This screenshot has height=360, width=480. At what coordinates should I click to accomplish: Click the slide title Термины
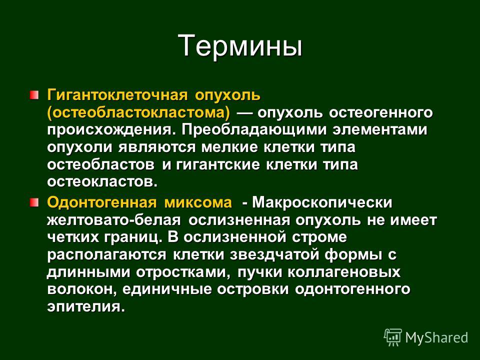click(x=240, y=46)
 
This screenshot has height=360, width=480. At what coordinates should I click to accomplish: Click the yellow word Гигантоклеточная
click(x=117, y=95)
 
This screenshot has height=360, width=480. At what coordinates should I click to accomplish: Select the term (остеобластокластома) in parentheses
click(x=138, y=113)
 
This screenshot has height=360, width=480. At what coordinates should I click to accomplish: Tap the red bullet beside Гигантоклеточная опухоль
click(x=34, y=94)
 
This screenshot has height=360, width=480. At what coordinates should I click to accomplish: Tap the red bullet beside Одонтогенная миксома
click(x=34, y=202)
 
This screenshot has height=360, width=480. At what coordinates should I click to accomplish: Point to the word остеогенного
click(x=381, y=113)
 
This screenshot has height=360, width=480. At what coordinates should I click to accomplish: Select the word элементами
click(x=380, y=130)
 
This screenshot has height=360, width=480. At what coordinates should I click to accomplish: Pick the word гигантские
click(x=217, y=165)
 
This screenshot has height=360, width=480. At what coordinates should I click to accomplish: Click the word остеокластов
click(x=102, y=182)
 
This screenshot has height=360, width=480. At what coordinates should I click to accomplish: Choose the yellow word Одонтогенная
click(x=101, y=203)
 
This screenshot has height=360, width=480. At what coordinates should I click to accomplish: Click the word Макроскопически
click(x=322, y=203)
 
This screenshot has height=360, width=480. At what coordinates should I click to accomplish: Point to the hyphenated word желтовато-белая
click(x=113, y=220)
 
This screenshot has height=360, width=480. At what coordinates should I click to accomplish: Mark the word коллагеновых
click(x=344, y=272)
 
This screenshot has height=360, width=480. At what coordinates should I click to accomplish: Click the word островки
click(x=253, y=289)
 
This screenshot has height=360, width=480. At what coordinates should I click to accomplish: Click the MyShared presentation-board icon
click(x=393, y=337)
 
